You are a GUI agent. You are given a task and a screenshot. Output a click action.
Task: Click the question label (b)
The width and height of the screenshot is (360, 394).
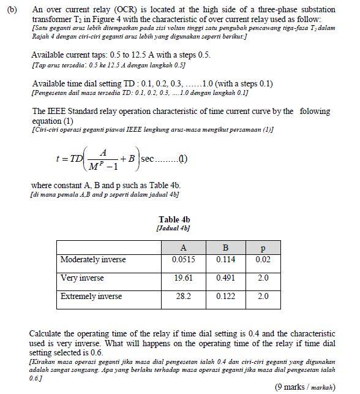tap(10, 9)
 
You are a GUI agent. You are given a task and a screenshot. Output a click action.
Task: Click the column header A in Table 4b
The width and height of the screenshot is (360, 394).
tap(183, 248)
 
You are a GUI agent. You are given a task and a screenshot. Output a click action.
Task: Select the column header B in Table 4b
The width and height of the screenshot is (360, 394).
tap(225, 248)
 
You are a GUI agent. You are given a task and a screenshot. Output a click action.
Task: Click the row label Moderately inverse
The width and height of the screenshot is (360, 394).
tap(92, 260)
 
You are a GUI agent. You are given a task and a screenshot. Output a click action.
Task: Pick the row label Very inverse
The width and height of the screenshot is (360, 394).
tap(82, 278)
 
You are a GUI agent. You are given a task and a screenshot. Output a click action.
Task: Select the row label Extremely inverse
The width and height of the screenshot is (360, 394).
tap(91, 297)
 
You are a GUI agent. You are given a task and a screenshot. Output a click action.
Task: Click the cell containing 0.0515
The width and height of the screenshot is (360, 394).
tap(183, 260)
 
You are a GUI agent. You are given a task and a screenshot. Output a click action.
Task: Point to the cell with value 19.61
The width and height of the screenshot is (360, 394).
tap(183, 278)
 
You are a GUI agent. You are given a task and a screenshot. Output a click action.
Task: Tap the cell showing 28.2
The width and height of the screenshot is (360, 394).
tap(183, 297)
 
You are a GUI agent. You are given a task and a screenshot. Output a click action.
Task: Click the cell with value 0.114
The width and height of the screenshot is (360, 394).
tap(226, 260)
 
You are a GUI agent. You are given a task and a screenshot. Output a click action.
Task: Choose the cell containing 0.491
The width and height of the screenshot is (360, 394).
tap(226, 278)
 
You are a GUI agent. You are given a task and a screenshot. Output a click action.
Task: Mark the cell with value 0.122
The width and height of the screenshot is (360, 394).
tap(226, 297)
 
